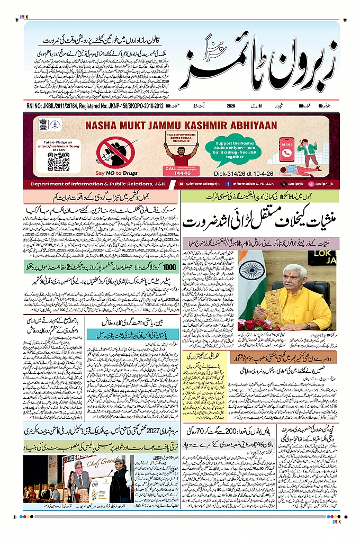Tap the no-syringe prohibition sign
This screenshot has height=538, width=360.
click(115, 152)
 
